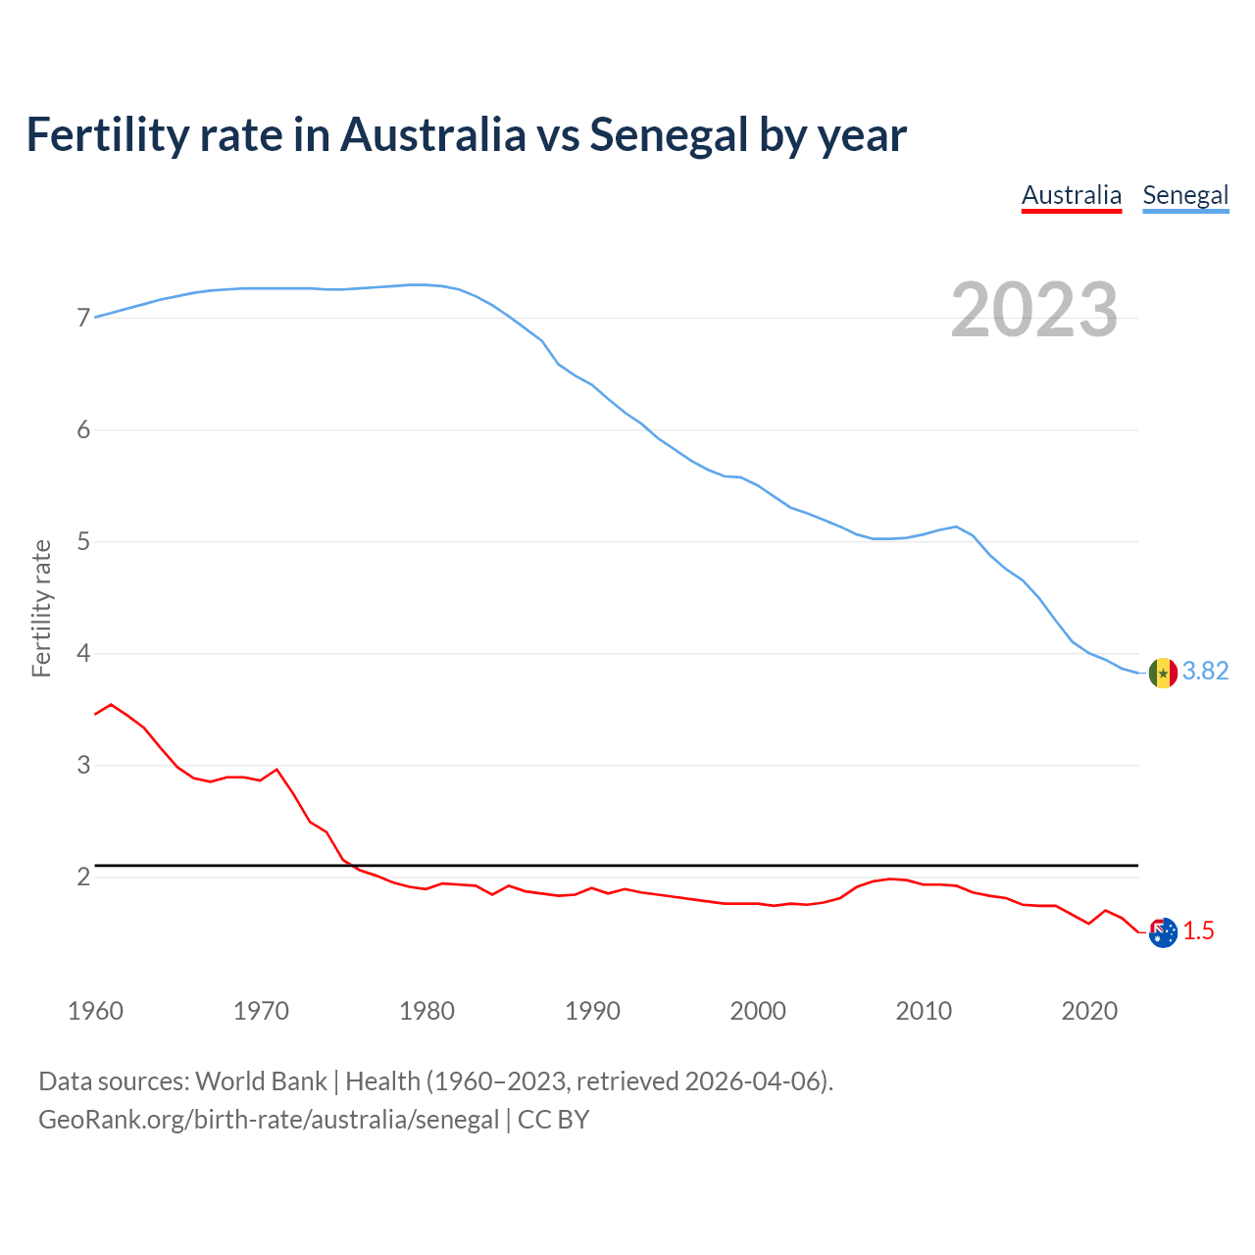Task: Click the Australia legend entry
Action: click(x=1071, y=196)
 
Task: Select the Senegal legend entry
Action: click(x=1185, y=196)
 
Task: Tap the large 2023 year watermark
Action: click(x=1034, y=310)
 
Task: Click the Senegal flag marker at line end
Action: click(x=1163, y=673)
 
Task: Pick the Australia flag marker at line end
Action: click(x=1163, y=932)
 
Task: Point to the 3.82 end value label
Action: click(x=1205, y=672)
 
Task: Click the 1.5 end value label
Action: click(x=1198, y=931)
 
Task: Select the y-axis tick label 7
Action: click(x=83, y=319)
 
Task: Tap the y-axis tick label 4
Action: click(x=83, y=654)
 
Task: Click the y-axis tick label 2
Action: click(x=83, y=878)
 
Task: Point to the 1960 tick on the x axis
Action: click(x=95, y=1011)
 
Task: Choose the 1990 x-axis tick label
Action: click(x=592, y=1011)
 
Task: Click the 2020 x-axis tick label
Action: click(x=1089, y=1011)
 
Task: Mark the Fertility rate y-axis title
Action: click(x=41, y=608)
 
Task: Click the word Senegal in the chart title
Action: click(x=669, y=135)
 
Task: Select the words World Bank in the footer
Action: click(x=261, y=1081)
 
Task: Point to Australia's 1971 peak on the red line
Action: click(x=276, y=770)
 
